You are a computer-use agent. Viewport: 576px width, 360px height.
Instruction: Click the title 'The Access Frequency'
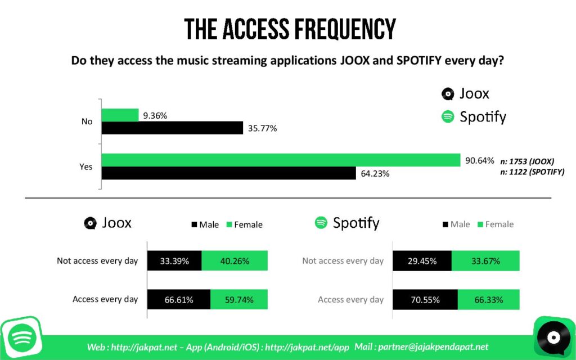coord(290,29)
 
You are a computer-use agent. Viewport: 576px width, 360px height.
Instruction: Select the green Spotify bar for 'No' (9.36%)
coord(120,115)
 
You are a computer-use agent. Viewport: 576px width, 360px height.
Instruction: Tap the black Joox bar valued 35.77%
coord(172,128)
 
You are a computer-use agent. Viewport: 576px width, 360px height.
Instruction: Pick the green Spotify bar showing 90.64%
coord(281,160)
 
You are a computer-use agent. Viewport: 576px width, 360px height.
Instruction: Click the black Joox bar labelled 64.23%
coord(228,173)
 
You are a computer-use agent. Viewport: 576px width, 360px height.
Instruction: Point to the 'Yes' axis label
coord(87,166)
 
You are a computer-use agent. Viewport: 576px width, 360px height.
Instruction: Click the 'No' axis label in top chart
coord(87,121)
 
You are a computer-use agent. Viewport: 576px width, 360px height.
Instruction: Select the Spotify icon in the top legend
coord(448,117)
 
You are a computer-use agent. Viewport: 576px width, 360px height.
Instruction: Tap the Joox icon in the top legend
coord(448,94)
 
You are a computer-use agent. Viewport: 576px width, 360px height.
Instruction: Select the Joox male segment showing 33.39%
coord(174,261)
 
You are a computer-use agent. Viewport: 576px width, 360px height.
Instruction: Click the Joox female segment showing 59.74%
coord(239,300)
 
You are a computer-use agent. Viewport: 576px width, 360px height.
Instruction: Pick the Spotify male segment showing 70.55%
coord(425,300)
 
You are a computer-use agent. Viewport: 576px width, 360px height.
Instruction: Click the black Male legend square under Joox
coord(195,224)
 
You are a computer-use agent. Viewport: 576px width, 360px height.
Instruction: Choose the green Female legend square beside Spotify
coord(480,224)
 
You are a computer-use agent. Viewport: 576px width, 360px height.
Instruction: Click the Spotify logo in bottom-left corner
coord(21,337)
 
